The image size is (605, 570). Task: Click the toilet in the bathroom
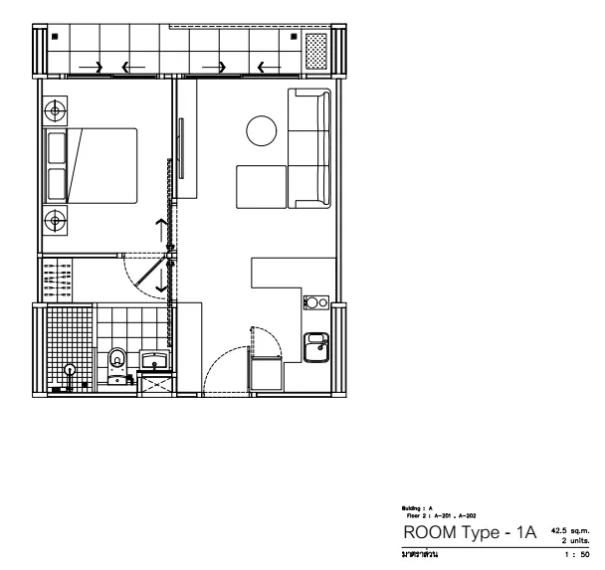click(117, 359)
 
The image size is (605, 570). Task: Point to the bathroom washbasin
click(154, 357)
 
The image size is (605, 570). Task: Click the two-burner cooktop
click(317, 301)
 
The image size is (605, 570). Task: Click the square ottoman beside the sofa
click(261, 186)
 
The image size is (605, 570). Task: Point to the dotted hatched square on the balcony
click(315, 50)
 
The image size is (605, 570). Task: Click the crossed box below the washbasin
click(155, 385)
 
